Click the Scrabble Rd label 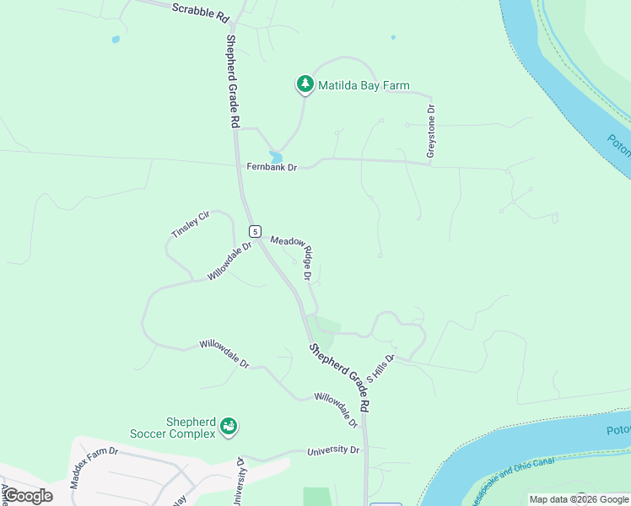pos(200,12)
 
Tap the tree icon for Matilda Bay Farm pos(305,84)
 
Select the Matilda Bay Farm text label pos(363,85)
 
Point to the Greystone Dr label pos(430,132)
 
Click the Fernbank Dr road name pos(272,167)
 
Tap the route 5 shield pos(253,230)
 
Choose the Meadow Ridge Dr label pos(291,256)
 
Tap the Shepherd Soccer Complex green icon pos(229,428)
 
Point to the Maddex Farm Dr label pos(94,469)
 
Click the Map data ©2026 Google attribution pos(579,499)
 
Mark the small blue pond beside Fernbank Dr pos(276,157)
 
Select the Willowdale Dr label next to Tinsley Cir pos(229,261)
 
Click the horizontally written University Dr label pos(333,450)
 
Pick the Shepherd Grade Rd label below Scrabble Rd pos(232,81)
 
